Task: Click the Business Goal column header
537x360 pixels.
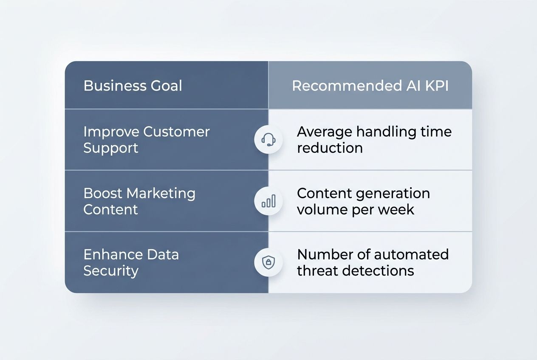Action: tap(133, 86)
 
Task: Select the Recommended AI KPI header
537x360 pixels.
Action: tap(370, 86)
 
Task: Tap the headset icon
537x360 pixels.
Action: tap(268, 139)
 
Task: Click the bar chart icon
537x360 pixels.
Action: tap(268, 201)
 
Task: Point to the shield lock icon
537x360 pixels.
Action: tap(268, 262)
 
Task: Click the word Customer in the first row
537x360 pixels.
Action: tap(176, 132)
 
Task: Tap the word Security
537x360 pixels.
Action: tap(111, 271)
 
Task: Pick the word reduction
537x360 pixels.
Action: tap(330, 148)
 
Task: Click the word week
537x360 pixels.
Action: tap(397, 210)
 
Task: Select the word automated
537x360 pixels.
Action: tap(411, 255)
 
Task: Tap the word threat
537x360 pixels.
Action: tap(317, 271)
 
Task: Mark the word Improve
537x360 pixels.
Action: tap(111, 132)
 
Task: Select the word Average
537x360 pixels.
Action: tap(324, 132)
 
